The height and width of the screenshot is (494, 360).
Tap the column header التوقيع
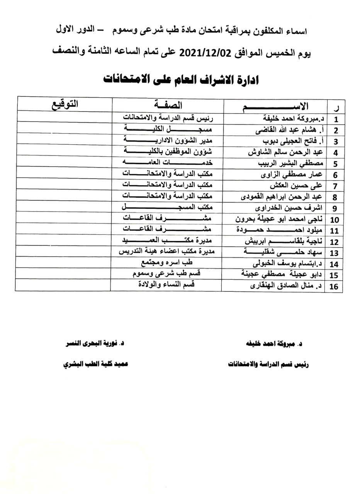(x=65, y=105)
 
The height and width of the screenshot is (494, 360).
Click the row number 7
(x=335, y=186)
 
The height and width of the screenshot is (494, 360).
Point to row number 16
(x=334, y=287)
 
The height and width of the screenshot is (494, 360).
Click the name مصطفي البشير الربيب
(x=286, y=164)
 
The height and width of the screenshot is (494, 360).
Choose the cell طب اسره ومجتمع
(x=166, y=263)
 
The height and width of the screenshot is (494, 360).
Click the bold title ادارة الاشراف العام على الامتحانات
(x=181, y=80)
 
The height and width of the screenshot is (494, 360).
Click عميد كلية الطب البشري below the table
(x=95, y=364)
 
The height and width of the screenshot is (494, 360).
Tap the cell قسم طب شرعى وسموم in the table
(x=166, y=274)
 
